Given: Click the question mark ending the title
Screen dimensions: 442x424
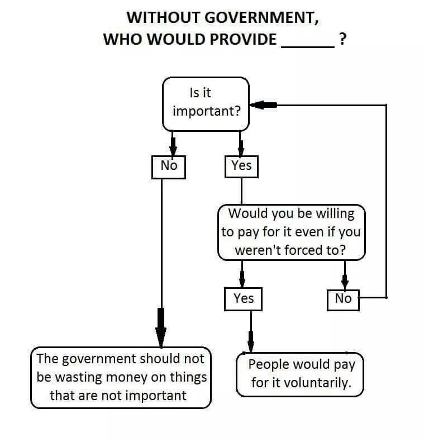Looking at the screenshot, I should coord(342,39).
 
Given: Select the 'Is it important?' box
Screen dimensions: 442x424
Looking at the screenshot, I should coord(206,103).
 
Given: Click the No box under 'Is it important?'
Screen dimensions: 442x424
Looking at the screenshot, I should coord(168,166).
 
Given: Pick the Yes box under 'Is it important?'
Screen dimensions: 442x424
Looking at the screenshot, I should coord(241,166).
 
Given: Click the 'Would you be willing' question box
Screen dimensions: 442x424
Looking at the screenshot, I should coord(291,232).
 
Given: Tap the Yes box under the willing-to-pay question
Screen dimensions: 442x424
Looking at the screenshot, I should coord(243,298).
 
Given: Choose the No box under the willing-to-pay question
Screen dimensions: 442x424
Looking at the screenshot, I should coord(343,299).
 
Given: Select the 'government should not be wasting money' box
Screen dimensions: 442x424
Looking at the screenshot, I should coord(121,377).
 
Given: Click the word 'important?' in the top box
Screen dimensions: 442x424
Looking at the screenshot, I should coord(206,111).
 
